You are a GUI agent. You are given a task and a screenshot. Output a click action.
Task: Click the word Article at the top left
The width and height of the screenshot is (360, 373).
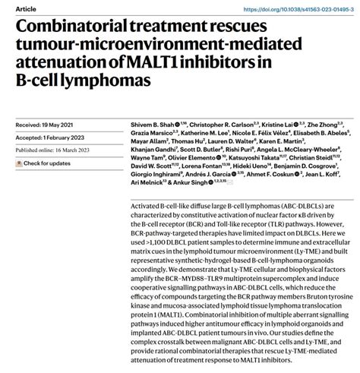coord(12,7)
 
